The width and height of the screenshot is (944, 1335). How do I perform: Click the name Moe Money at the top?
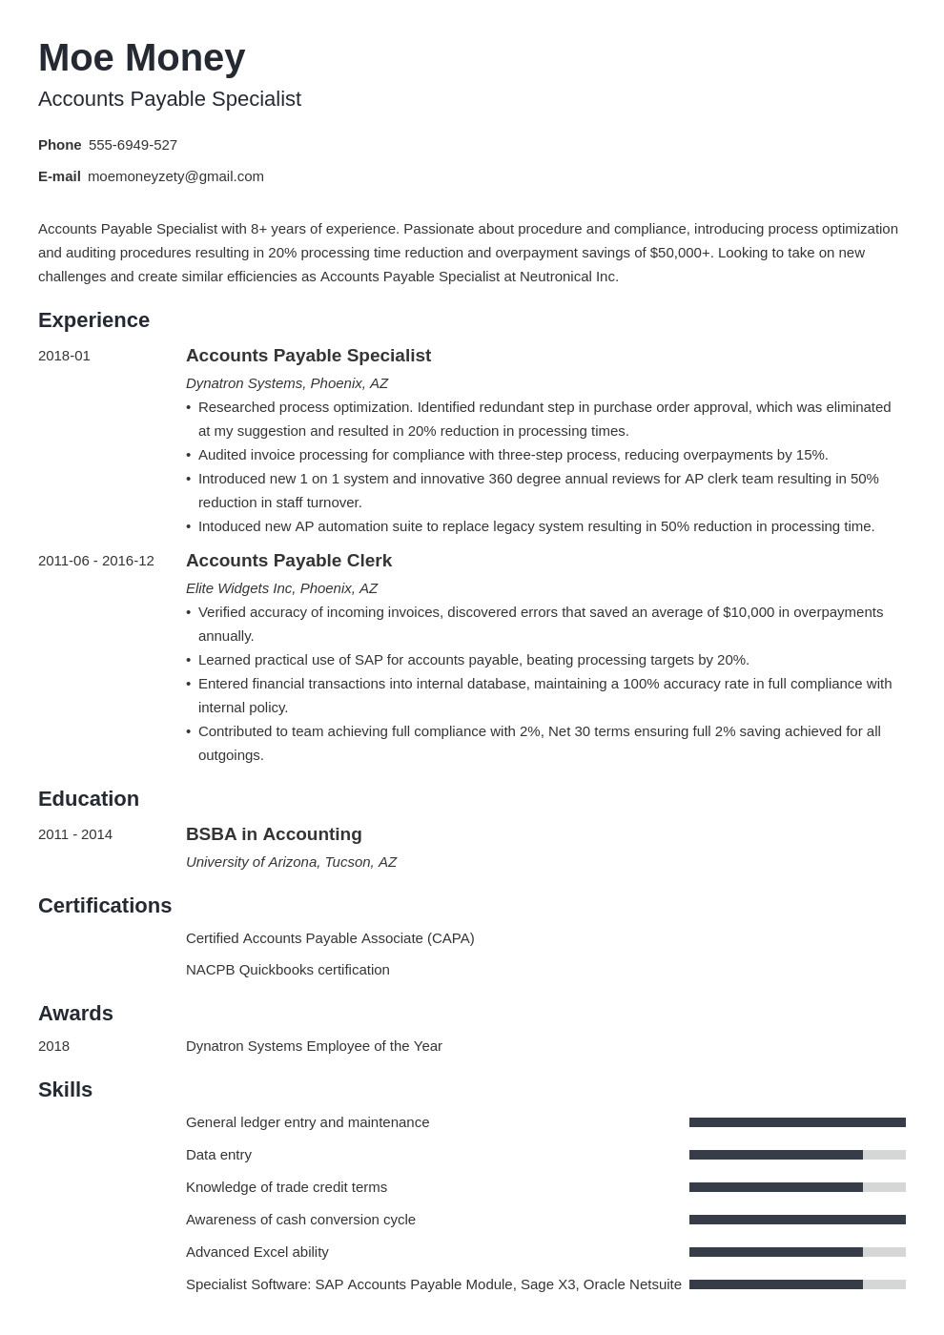point(141,58)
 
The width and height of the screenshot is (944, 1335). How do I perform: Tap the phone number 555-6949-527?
point(133,145)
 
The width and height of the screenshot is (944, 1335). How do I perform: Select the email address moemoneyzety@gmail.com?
point(175,176)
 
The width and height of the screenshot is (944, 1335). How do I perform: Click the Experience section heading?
point(93,320)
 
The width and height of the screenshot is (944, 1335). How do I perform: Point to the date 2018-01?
point(64,356)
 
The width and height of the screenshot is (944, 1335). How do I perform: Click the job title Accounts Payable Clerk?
point(288,561)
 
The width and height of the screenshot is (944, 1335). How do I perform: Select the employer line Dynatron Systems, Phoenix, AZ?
point(286,383)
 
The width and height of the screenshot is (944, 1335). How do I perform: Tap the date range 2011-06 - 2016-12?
point(95,561)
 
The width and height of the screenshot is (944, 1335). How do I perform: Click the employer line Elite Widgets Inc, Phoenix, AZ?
point(281,588)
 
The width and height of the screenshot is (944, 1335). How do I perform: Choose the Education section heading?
point(89,799)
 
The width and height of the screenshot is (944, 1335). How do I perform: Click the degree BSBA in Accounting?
point(274,834)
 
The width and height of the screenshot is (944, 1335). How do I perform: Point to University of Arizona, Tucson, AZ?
point(291,862)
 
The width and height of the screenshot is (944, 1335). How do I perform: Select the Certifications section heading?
point(105,906)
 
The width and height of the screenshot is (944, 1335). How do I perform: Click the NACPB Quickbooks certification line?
point(287,970)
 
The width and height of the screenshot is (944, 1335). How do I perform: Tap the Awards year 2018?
point(53,1046)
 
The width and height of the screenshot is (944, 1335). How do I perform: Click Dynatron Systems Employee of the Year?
point(314,1046)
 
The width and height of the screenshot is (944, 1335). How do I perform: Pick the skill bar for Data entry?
point(797,1155)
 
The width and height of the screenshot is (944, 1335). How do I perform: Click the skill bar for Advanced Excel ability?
point(797,1252)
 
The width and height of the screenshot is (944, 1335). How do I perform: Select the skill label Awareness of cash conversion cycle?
point(300,1220)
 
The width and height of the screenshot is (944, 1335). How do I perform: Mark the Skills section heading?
point(65,1090)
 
